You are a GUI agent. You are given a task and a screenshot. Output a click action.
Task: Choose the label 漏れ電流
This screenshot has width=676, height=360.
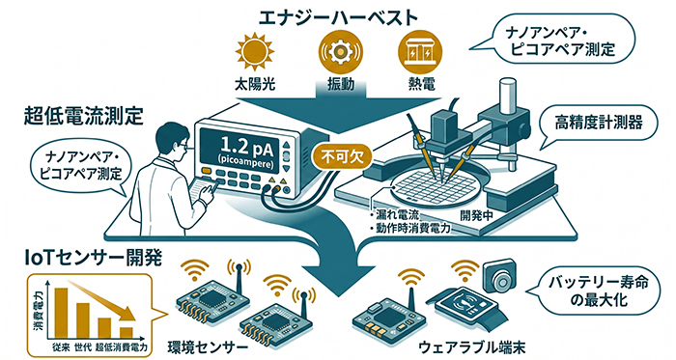(x=397, y=212)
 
